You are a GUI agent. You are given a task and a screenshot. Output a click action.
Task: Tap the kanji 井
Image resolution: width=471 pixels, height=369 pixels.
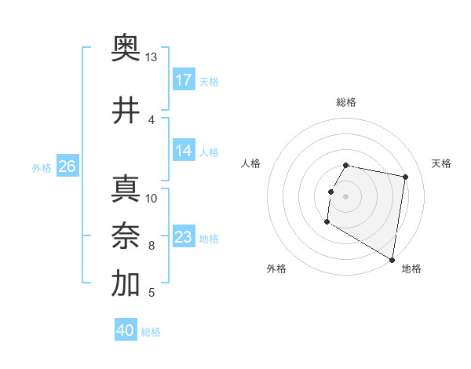point(126,111)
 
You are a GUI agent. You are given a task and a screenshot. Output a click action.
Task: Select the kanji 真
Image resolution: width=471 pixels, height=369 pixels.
point(126,189)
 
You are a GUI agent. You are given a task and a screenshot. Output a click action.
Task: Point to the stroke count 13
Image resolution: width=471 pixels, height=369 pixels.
point(151,57)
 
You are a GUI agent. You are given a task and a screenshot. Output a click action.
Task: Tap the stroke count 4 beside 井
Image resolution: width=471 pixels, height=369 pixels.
point(152,119)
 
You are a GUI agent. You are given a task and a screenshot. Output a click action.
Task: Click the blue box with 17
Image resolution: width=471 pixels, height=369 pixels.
point(184,80)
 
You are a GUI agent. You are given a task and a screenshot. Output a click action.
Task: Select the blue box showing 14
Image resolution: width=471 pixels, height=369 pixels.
point(184,151)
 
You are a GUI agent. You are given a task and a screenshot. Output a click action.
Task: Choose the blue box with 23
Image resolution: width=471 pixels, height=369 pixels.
point(184,237)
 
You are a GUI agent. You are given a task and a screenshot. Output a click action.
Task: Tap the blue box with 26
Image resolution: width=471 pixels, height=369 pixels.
point(67,166)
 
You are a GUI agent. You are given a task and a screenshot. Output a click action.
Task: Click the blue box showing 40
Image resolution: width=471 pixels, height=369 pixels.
point(126,331)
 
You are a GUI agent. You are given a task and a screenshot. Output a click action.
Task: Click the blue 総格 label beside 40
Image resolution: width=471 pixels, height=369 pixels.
point(151,332)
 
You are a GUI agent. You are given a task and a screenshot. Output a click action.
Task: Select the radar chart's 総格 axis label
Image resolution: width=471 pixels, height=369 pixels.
point(346,102)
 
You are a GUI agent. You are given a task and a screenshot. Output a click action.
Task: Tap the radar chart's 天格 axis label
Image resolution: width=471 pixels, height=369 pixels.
point(442,163)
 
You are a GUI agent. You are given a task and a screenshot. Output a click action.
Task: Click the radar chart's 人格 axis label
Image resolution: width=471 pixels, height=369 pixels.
point(251,163)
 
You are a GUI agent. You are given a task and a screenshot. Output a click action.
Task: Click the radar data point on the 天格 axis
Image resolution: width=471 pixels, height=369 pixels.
point(406,177)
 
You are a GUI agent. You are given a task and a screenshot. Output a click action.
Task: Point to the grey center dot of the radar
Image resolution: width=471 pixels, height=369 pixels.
point(346,196)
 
